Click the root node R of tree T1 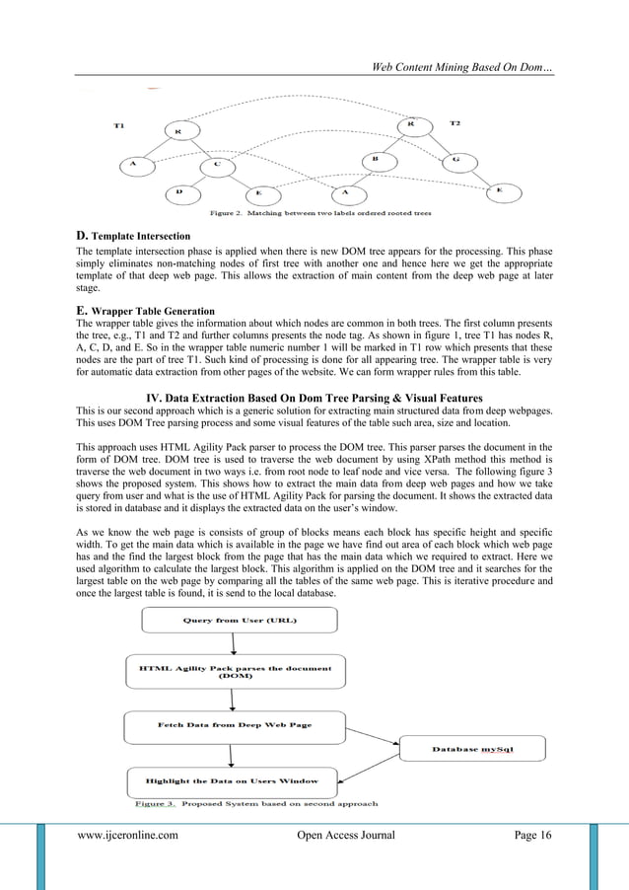178,130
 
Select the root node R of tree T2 412,125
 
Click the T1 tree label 118,125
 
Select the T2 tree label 454,123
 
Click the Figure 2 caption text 318,212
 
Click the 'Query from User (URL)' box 240,620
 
